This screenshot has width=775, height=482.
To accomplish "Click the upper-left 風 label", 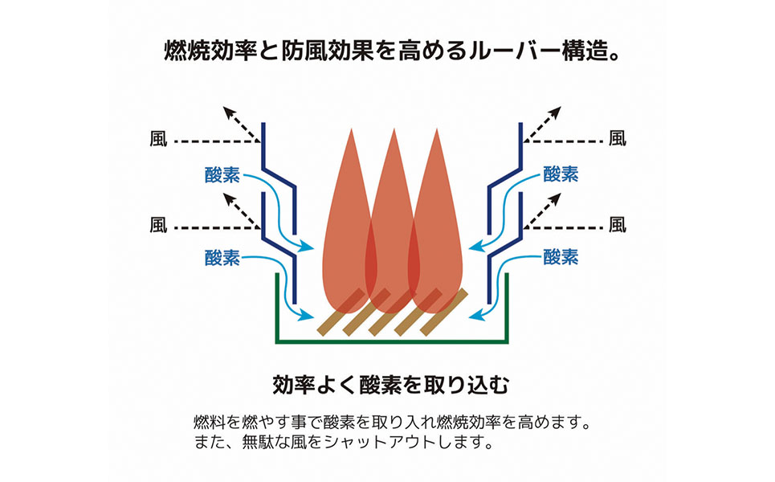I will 158,138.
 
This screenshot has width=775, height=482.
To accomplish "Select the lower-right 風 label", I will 617,224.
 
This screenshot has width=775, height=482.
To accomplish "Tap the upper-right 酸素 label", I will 561,174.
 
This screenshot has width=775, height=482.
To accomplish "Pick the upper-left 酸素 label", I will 222,174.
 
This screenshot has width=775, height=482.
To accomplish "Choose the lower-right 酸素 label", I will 561,257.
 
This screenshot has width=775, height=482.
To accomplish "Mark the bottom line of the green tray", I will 392,341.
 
